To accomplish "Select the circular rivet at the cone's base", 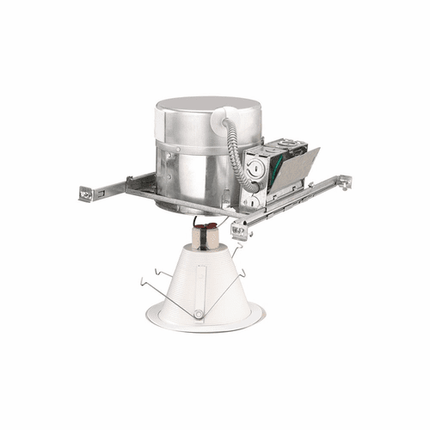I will click(198, 315).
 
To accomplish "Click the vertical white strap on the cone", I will click(200, 284).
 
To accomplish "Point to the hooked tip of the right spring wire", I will click(243, 273).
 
